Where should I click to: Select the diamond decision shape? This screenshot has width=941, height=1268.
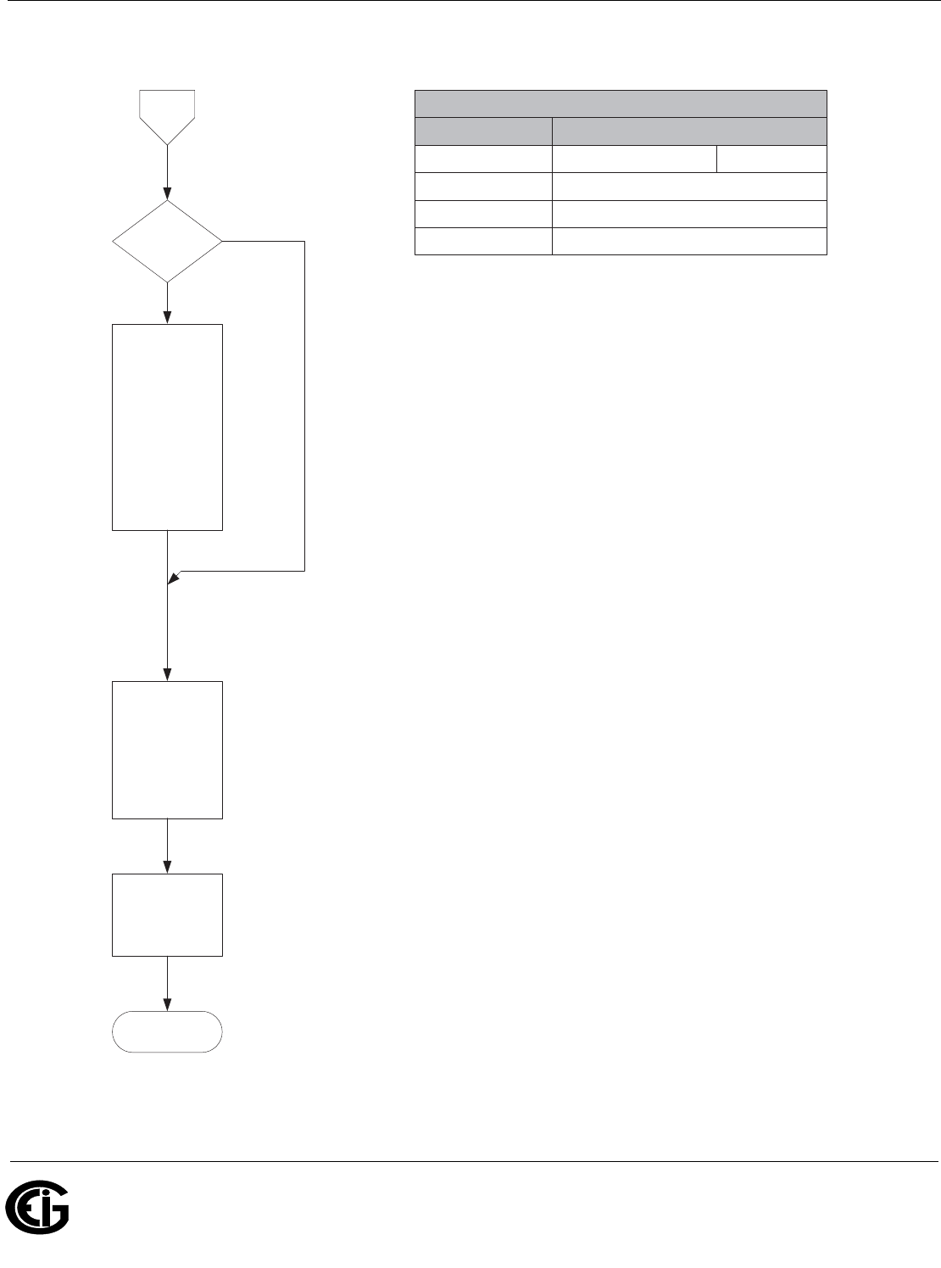point(167,241)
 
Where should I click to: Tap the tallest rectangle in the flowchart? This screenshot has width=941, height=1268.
point(167,427)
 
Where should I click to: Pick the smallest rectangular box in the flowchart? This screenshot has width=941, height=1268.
point(167,914)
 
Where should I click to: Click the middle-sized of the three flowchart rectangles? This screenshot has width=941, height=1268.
point(167,749)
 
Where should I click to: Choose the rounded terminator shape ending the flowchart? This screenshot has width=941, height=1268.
point(167,1031)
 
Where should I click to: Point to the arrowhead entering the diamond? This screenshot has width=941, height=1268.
point(167,194)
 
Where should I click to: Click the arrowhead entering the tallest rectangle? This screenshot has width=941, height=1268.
point(167,318)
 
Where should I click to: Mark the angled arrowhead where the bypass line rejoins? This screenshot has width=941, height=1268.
point(173,578)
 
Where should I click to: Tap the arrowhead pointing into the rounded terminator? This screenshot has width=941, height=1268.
point(167,1006)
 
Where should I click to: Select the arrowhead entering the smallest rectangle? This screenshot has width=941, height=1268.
point(167,868)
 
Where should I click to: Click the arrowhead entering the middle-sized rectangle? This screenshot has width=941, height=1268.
point(167,675)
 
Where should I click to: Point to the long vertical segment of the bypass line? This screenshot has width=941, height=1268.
point(303,407)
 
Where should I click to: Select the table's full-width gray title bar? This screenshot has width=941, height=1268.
point(620,103)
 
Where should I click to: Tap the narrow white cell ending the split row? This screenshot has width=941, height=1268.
point(771,159)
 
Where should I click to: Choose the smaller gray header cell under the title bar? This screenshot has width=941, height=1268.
point(482,131)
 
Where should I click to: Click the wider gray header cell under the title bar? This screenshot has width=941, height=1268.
point(688,131)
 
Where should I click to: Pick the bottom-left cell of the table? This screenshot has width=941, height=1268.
point(482,242)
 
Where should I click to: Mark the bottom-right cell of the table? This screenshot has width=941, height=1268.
point(688,242)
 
